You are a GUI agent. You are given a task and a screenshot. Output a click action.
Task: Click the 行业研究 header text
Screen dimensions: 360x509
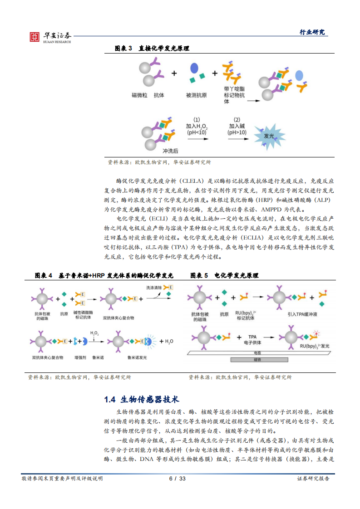312,32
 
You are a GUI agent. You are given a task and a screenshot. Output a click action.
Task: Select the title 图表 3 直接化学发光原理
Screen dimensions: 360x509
152,48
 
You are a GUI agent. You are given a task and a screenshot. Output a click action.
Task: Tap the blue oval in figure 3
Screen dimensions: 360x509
194,68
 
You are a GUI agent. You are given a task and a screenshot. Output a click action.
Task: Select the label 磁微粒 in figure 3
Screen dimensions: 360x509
139,95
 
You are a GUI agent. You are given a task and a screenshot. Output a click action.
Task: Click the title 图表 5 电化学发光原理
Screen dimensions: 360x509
224,275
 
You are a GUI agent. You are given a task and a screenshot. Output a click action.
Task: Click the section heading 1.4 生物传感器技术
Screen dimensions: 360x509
142,399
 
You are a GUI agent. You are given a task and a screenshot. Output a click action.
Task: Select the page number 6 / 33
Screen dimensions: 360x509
177,479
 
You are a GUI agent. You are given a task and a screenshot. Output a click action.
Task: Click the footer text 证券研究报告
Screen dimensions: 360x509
313,479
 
